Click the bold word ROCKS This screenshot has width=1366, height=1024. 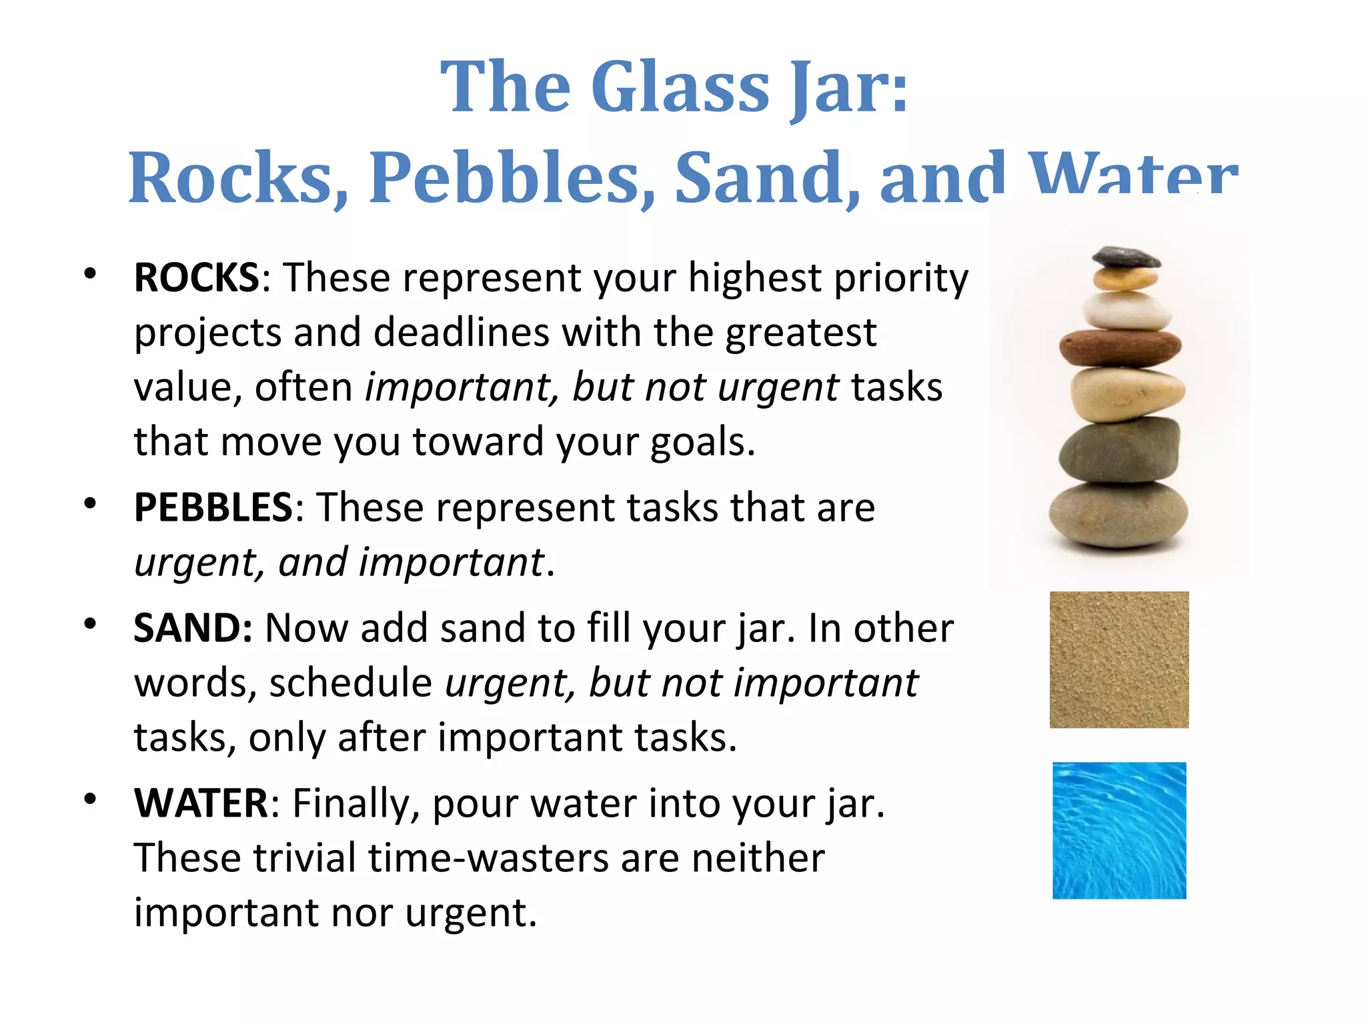click(x=196, y=277)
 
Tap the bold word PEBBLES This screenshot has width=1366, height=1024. click(x=213, y=507)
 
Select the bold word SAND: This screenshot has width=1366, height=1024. click(x=193, y=628)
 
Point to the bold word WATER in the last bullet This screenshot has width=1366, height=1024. click(x=201, y=803)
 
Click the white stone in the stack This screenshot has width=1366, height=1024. click(x=1127, y=311)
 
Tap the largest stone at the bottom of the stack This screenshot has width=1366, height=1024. click(x=1119, y=515)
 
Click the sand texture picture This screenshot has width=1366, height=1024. click(x=1119, y=659)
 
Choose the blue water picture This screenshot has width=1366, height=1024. click(x=1119, y=831)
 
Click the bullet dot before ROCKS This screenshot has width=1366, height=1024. click(x=90, y=274)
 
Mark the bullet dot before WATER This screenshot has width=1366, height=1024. click(x=90, y=799)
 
